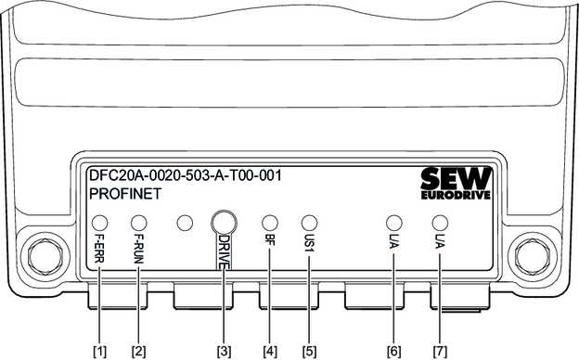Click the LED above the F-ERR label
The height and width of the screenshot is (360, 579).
pyautogui.click(x=99, y=223)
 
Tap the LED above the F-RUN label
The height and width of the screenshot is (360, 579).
pyautogui.click(x=139, y=223)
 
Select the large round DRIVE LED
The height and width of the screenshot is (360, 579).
pyautogui.click(x=224, y=223)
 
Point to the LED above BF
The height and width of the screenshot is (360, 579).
pyautogui.click(x=270, y=223)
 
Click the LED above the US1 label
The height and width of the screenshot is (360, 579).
pyautogui.click(x=309, y=223)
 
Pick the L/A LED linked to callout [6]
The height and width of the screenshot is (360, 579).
pyautogui.click(x=393, y=223)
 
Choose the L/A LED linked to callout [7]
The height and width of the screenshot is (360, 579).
pyautogui.click(x=440, y=223)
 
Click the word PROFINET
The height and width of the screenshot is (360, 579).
pyautogui.click(x=125, y=194)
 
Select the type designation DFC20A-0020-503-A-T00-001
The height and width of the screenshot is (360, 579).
pyautogui.click(x=186, y=175)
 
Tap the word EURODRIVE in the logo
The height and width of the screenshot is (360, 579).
pyautogui.click(x=456, y=195)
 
